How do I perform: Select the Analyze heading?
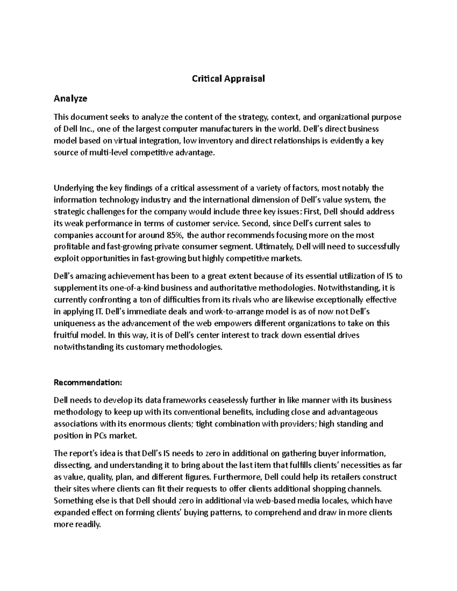[x=70, y=99]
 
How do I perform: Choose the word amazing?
[x=91, y=276]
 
